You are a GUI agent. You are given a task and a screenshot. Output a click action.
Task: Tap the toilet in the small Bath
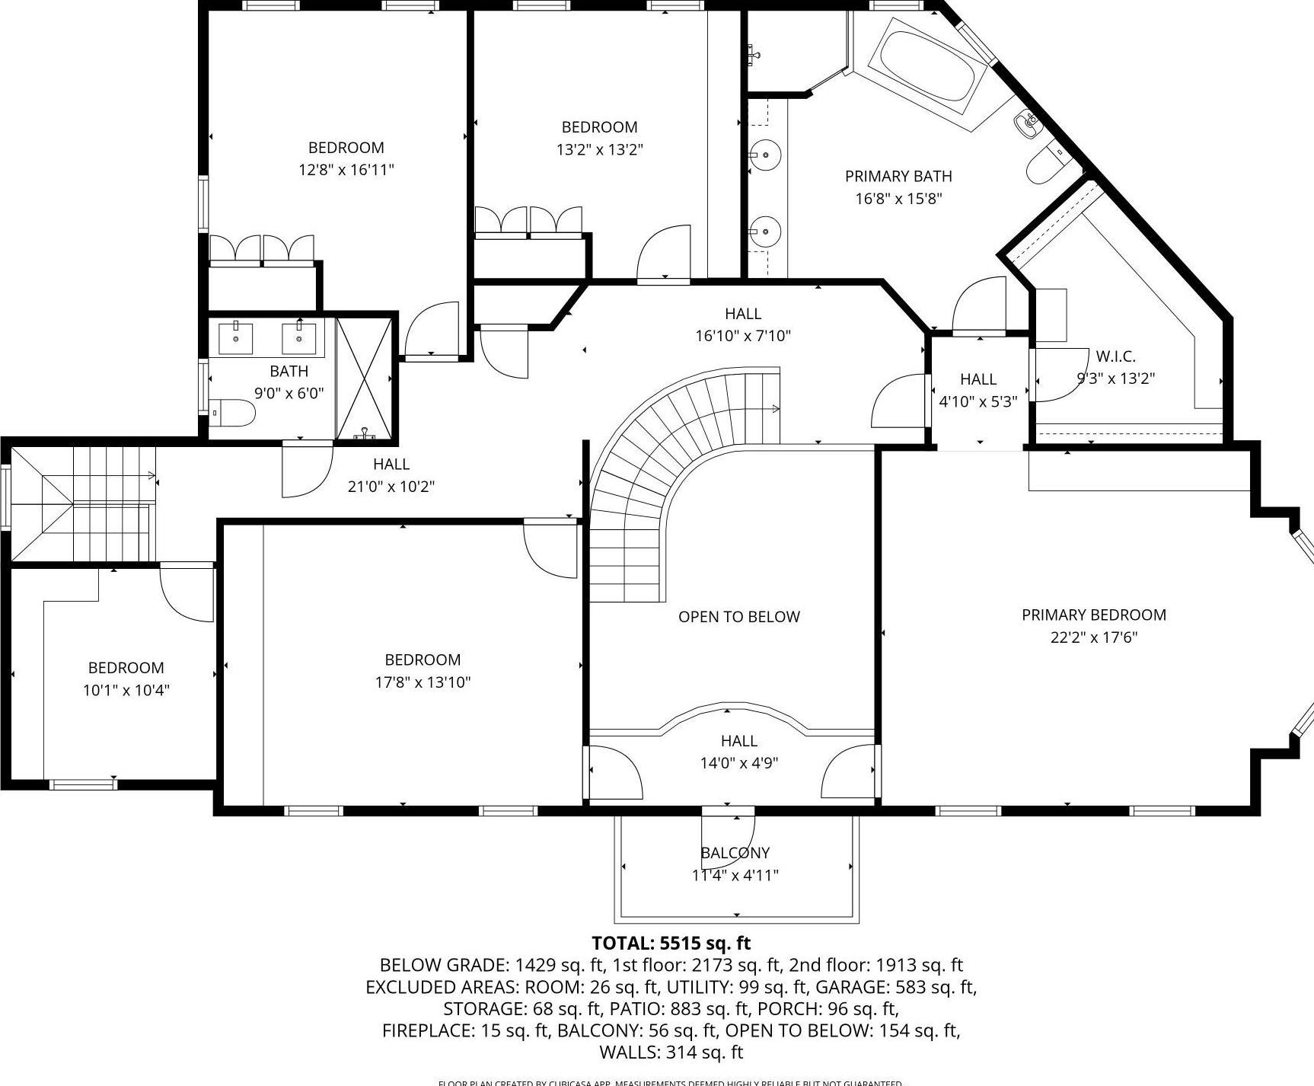pyautogui.click(x=234, y=414)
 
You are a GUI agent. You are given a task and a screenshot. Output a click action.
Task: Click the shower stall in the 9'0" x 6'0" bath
pyautogui.click(x=365, y=379)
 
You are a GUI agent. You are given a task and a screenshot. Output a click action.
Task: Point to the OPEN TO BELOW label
pyautogui.click(x=738, y=617)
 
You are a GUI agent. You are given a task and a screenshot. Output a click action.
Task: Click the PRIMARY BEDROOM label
pyautogui.click(x=1093, y=615)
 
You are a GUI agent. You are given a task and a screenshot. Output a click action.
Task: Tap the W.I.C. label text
pyautogui.click(x=1115, y=356)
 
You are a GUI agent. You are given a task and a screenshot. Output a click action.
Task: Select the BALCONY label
pyautogui.click(x=735, y=853)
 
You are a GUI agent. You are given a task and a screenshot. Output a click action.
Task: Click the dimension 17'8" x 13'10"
pyautogui.click(x=423, y=682)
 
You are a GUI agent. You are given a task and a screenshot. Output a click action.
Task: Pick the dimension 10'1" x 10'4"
pyautogui.click(x=126, y=691)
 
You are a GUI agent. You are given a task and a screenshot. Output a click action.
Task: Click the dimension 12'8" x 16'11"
pyautogui.click(x=346, y=170)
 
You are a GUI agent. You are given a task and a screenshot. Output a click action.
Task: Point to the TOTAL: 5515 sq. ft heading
pyautogui.click(x=671, y=944)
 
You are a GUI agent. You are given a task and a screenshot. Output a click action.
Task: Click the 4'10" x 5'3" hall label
pyautogui.click(x=978, y=401)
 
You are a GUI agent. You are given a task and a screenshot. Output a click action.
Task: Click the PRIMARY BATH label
pyautogui.click(x=898, y=177)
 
